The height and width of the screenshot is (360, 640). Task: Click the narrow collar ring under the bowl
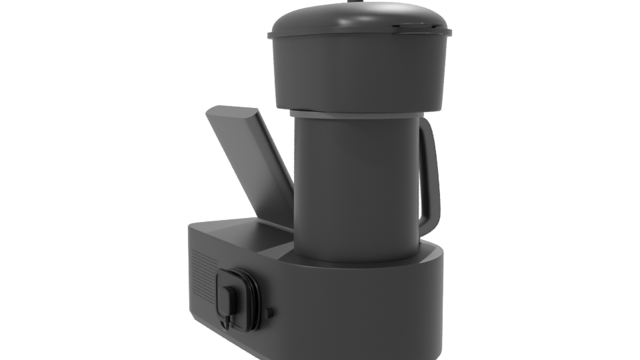(x=357, y=113)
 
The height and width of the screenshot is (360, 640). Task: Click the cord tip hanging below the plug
(x=229, y=323)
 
